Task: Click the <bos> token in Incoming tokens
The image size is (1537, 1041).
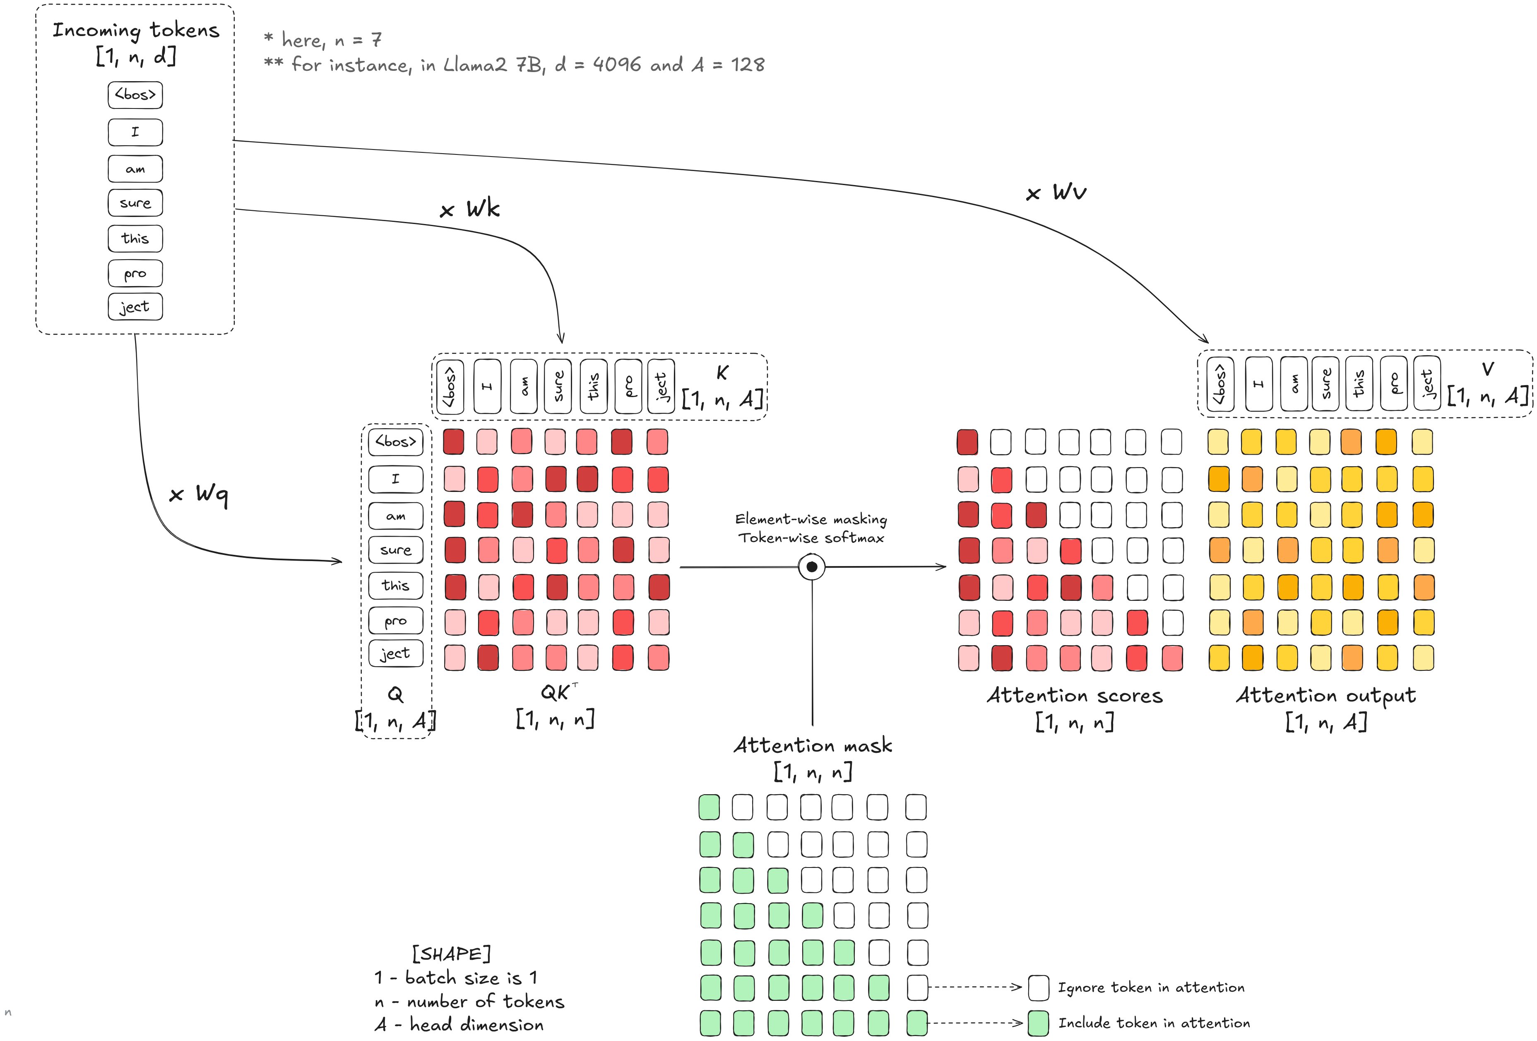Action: click(x=135, y=94)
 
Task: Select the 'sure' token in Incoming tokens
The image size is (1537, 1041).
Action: click(x=135, y=203)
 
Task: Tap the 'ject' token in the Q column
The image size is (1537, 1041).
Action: click(x=395, y=653)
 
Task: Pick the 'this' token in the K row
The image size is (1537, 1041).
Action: click(x=593, y=386)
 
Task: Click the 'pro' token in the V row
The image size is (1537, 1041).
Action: click(x=1393, y=383)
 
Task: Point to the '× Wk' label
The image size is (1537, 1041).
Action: click(x=469, y=209)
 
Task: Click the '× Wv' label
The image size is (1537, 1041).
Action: click(x=1056, y=193)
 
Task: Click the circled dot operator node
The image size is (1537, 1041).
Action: click(x=811, y=567)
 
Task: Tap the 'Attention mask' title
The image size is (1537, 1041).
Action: click(x=813, y=745)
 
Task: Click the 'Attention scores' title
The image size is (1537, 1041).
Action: click(x=1075, y=695)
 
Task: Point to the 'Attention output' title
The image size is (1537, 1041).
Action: click(x=1326, y=695)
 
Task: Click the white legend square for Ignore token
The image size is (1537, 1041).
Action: click(x=1038, y=988)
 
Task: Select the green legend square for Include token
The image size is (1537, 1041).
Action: click(x=1038, y=1023)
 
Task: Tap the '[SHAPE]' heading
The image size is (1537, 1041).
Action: click(x=452, y=954)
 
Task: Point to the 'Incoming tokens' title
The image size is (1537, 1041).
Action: click(x=136, y=30)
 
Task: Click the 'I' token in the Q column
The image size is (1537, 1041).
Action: click(x=395, y=479)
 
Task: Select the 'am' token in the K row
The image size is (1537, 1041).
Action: click(x=524, y=386)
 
